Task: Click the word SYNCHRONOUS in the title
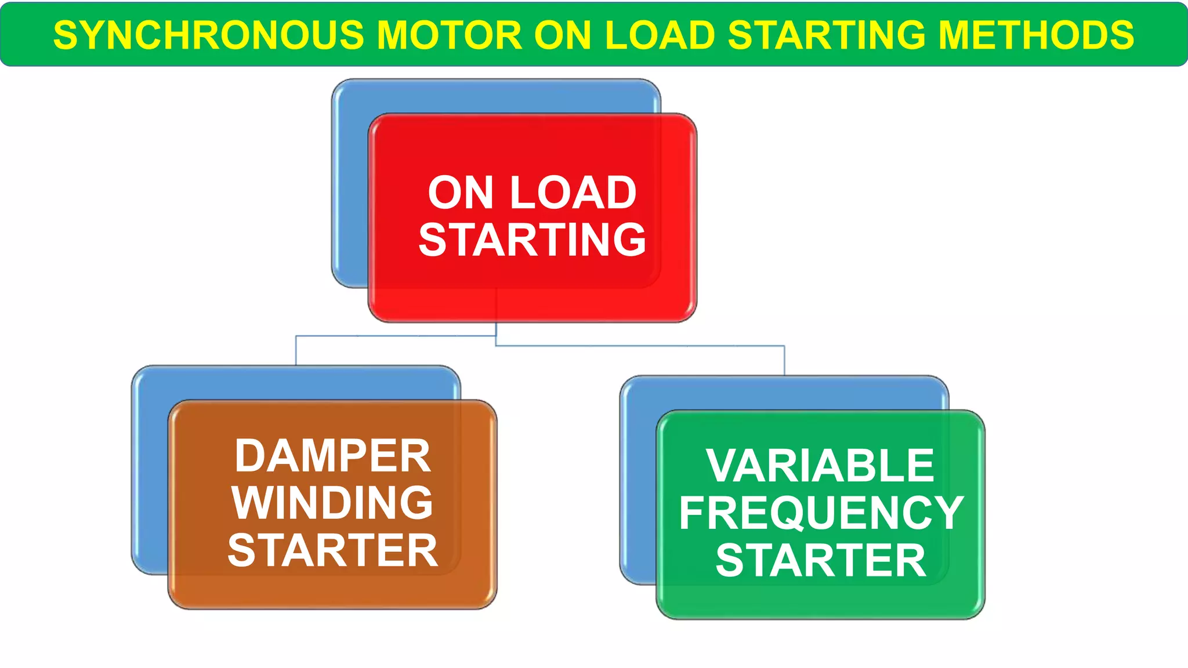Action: [208, 35]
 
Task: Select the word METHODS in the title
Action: [1036, 35]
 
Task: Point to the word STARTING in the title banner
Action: [827, 35]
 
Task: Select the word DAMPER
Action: [332, 456]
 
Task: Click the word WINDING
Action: [332, 503]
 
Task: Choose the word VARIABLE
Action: [820, 466]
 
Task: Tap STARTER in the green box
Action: [821, 561]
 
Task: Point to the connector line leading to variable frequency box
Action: [784, 360]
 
